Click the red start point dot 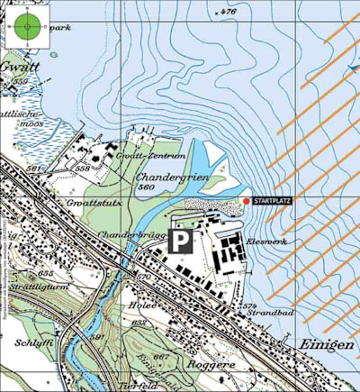point(247,201)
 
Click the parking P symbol point(183,241)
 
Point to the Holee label point(147,305)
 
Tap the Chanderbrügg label point(135,236)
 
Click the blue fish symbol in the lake point(353,68)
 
